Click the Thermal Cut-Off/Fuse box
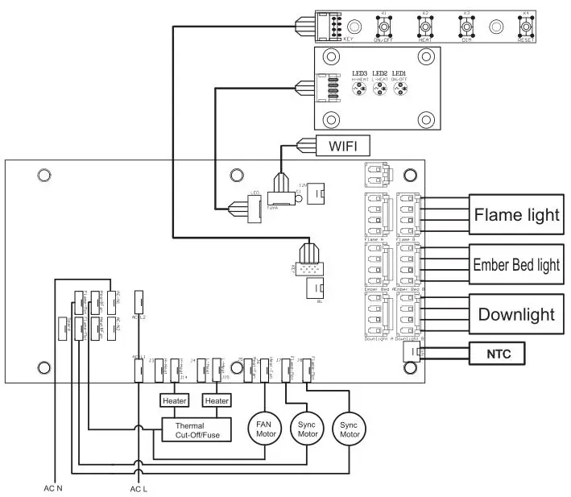pos(197,429)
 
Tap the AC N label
pos(53,487)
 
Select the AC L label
pos(139,487)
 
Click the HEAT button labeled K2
pos(425,27)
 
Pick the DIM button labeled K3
pos(466,27)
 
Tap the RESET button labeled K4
pos(526,27)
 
